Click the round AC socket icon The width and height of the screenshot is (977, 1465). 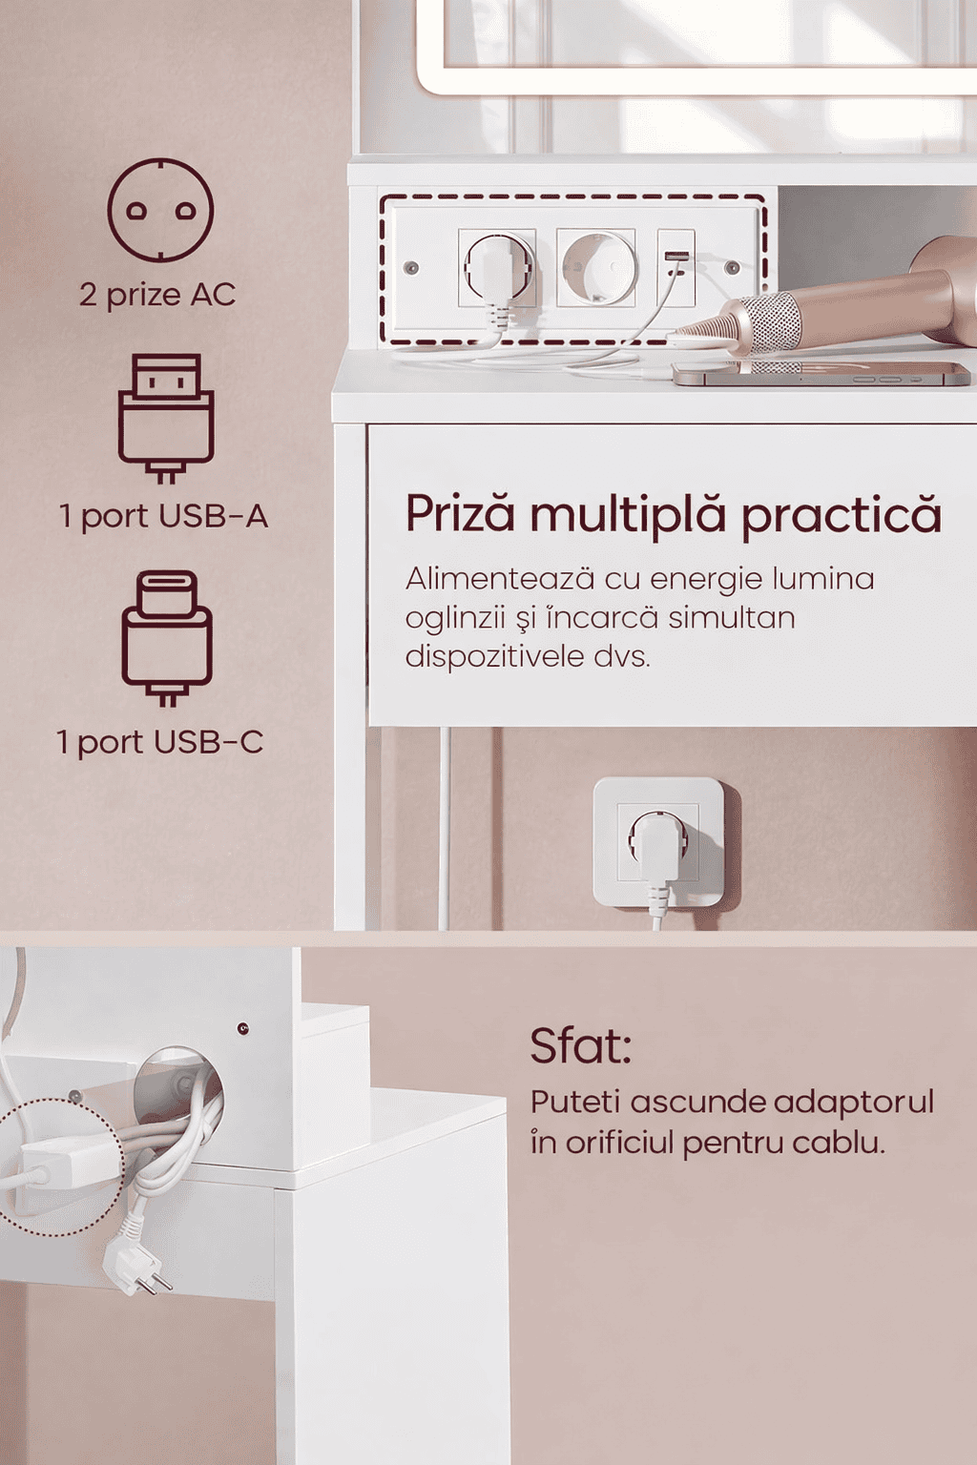160,210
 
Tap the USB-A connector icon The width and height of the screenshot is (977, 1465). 166,419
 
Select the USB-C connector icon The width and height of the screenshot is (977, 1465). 167,639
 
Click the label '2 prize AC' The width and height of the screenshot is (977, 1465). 157,295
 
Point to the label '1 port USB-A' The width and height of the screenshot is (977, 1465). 163,517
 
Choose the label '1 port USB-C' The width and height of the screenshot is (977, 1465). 160,742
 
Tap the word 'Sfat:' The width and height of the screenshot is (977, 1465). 580,1046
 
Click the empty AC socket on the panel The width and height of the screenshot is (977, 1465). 595,267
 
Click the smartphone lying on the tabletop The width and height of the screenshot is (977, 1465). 821,375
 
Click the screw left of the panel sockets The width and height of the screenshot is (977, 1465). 411,267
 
